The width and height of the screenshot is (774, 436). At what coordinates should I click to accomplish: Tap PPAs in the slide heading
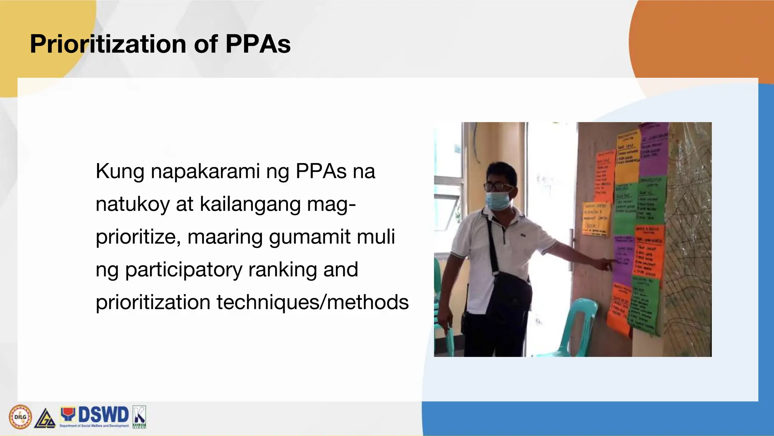[258, 44]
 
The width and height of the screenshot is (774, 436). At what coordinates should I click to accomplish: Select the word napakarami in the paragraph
[205, 171]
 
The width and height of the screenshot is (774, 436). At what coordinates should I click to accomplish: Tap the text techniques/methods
[313, 302]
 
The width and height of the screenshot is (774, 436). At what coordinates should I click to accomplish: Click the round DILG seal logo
[20, 417]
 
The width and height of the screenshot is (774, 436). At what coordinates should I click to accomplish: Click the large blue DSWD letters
[103, 415]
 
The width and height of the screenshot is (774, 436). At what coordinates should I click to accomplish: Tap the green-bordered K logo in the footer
[139, 417]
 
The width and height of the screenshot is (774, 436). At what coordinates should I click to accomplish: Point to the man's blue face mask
[498, 201]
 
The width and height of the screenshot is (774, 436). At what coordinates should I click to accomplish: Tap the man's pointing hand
[607, 263]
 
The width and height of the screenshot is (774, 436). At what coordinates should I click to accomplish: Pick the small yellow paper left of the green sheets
[596, 218]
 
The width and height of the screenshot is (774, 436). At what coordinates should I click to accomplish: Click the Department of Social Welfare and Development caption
[94, 426]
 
